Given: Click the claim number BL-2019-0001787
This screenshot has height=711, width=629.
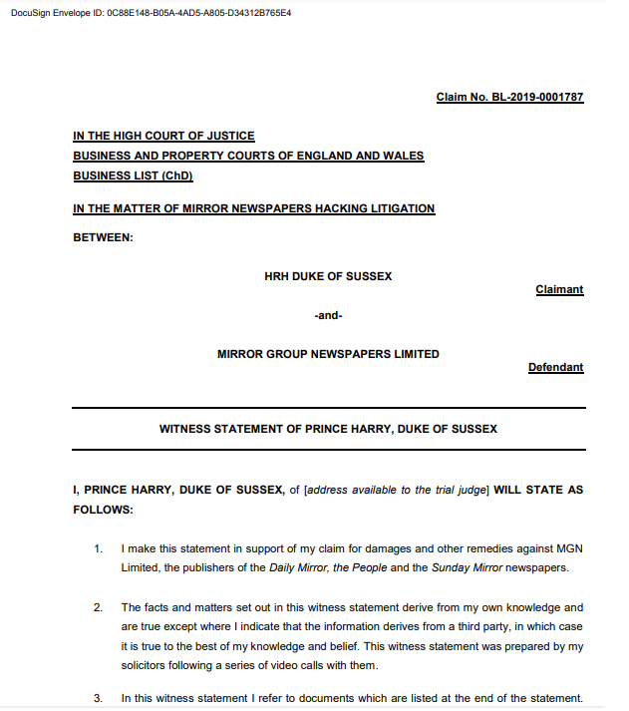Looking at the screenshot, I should click(509, 97).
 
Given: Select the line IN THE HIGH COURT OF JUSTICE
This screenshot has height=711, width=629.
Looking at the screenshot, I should click(163, 136).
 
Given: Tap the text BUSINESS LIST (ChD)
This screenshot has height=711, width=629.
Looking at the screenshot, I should click(133, 176).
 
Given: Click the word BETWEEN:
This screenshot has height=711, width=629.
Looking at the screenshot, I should click(103, 237).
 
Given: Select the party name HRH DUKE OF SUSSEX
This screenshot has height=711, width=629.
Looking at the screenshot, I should click(328, 276).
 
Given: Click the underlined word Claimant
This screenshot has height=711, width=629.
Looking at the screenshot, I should click(559, 289).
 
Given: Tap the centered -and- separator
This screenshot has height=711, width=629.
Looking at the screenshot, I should click(328, 315).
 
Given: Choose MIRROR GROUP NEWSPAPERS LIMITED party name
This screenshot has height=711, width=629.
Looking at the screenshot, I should click(328, 354).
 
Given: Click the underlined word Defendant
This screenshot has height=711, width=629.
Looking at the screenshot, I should click(555, 367).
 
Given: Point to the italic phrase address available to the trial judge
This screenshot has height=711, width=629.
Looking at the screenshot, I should click(395, 491).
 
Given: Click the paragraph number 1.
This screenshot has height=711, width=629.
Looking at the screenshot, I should click(98, 549).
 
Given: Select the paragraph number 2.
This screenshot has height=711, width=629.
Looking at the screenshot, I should click(98, 607).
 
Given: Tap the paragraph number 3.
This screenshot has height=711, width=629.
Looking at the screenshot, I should click(98, 698).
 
